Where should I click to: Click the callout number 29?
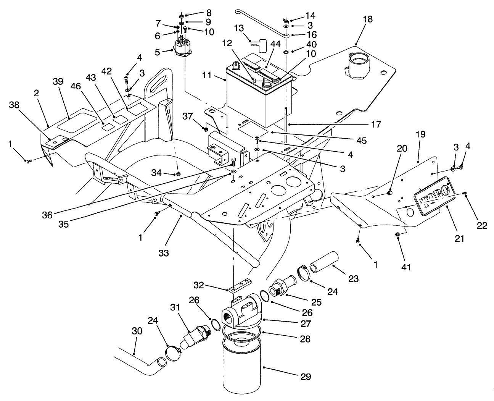pos(306,377)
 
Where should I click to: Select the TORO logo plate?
pos(435,197)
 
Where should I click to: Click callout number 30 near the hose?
pos(137,331)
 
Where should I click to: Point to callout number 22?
pos(482,226)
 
